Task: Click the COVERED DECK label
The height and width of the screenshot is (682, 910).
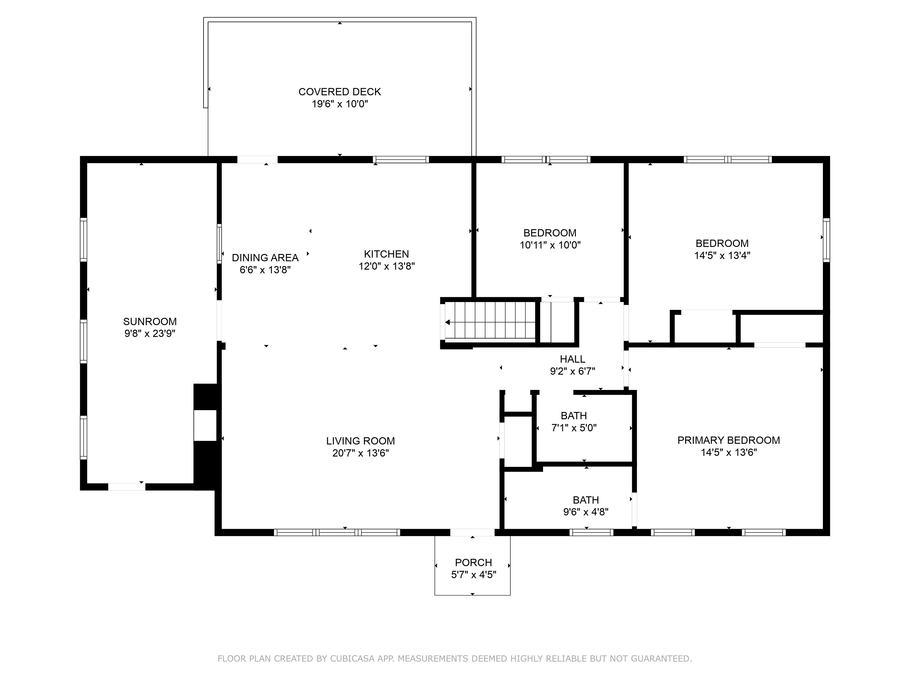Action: (339, 92)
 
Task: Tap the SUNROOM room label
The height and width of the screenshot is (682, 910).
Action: (150, 321)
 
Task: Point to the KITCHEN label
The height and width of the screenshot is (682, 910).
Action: (386, 254)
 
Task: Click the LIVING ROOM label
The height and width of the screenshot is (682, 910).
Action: (361, 441)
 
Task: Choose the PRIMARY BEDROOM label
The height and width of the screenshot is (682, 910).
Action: (729, 440)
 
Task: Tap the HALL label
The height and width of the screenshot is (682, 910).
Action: (572, 359)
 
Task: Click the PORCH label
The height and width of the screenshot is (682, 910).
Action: (473, 562)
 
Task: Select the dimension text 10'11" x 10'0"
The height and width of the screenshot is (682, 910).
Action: (550, 245)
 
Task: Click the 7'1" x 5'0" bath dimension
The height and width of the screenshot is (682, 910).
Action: (573, 428)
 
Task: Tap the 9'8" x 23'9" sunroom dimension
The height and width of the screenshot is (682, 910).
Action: (150, 333)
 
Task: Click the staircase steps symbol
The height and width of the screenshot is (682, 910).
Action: (490, 321)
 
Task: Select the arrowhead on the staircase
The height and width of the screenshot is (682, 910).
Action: (447, 322)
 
